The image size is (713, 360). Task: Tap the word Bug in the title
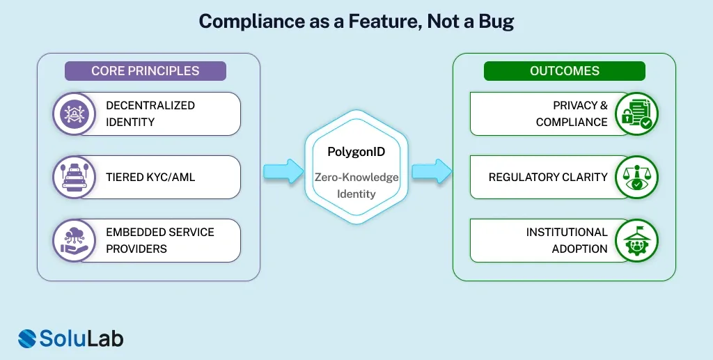(x=495, y=22)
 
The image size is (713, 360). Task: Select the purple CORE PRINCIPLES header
(x=146, y=71)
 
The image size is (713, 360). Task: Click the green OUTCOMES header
(x=565, y=71)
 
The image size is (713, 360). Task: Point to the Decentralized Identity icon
(x=75, y=114)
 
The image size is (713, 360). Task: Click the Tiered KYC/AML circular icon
(x=75, y=178)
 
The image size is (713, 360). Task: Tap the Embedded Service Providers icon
(x=75, y=241)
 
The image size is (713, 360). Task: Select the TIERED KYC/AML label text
(x=150, y=178)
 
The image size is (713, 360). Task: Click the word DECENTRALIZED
(x=150, y=106)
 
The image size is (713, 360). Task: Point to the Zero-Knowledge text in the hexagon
(x=356, y=178)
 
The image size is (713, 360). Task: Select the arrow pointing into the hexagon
(x=283, y=171)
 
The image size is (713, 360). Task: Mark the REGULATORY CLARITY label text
(x=548, y=178)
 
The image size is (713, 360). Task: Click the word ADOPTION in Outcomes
(x=580, y=249)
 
